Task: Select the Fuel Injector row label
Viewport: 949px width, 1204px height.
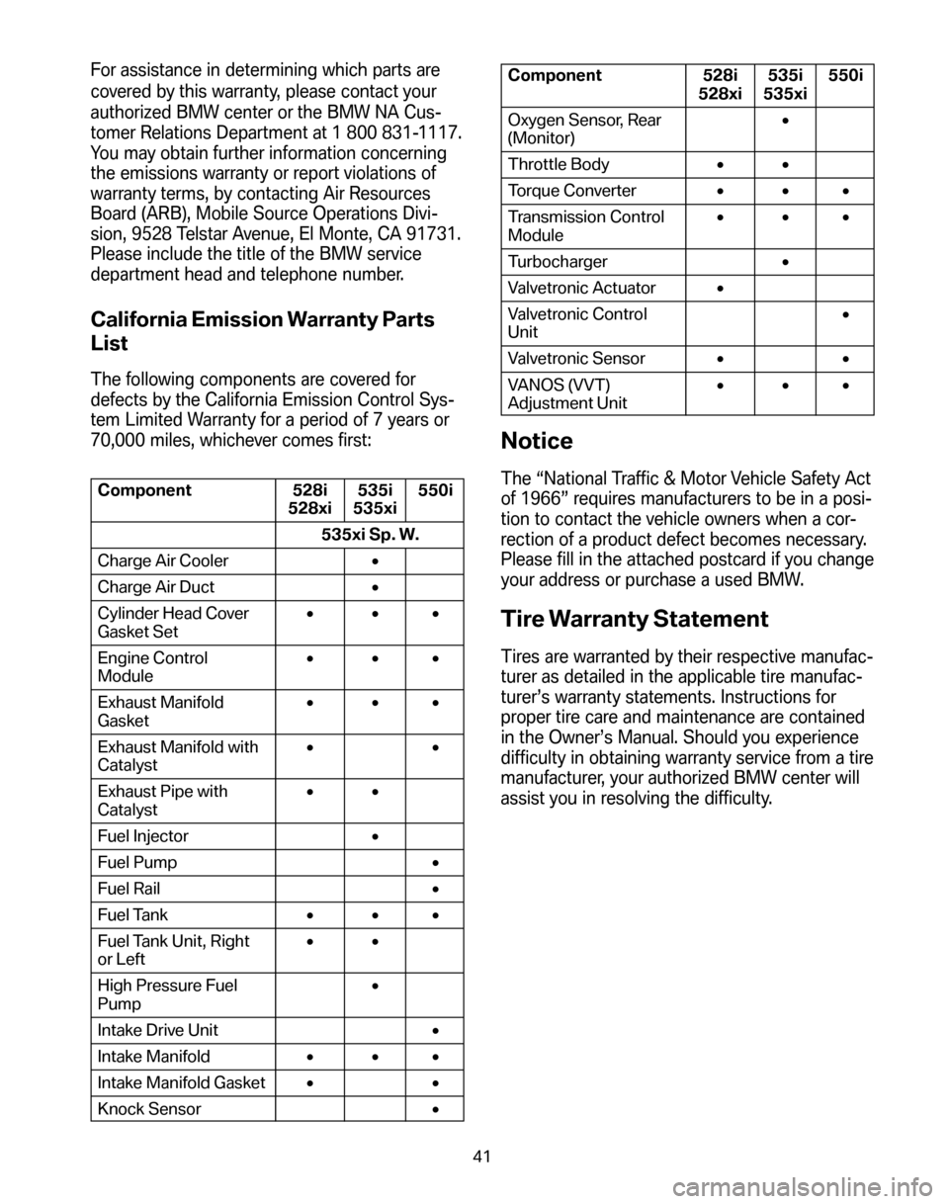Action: (x=142, y=835)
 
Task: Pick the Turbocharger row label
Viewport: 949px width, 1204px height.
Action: (x=559, y=261)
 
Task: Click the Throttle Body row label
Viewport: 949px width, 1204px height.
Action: (x=560, y=164)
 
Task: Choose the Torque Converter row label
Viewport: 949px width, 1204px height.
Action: (x=573, y=191)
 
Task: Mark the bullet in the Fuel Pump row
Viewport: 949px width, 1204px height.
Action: (x=435, y=863)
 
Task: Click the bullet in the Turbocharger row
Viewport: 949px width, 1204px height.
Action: (x=782, y=261)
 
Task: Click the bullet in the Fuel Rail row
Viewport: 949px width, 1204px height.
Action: (x=435, y=890)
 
